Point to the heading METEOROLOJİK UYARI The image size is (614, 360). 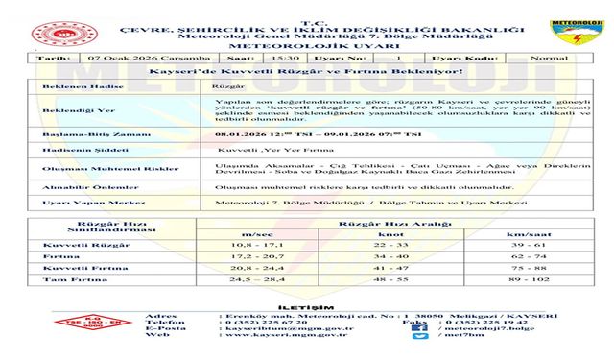pyautogui.click(x=307, y=44)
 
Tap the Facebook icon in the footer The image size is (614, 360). pyautogui.click(x=414, y=327)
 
